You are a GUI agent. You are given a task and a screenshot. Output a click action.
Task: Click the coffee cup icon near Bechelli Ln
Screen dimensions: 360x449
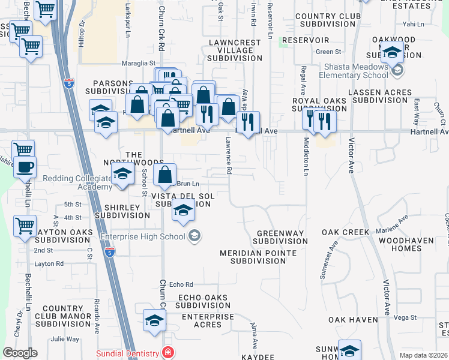pos(25,167)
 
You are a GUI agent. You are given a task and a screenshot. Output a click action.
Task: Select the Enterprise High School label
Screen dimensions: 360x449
pos(143,236)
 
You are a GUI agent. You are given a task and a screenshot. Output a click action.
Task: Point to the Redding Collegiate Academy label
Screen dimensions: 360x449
pos(77,183)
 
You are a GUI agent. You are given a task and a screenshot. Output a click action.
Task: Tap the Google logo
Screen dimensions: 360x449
pos(20,353)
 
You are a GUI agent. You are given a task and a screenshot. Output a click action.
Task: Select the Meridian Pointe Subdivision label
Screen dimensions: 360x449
pos(258,257)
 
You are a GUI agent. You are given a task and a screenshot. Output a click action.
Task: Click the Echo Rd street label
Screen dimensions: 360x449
pos(181,284)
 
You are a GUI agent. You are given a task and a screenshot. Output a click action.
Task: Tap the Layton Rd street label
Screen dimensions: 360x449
pos(49,263)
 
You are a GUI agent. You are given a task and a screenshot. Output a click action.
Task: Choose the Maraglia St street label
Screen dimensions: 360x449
pos(140,62)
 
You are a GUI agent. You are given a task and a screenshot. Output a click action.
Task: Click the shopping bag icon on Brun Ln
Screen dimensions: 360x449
pos(164,175)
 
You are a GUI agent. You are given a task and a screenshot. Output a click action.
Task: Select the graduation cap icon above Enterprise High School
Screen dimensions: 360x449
pos(184,211)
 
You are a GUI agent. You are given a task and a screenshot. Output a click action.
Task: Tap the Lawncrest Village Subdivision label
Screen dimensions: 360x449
pos(235,50)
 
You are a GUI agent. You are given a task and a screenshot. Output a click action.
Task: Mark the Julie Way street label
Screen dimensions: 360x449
pos(65,339)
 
